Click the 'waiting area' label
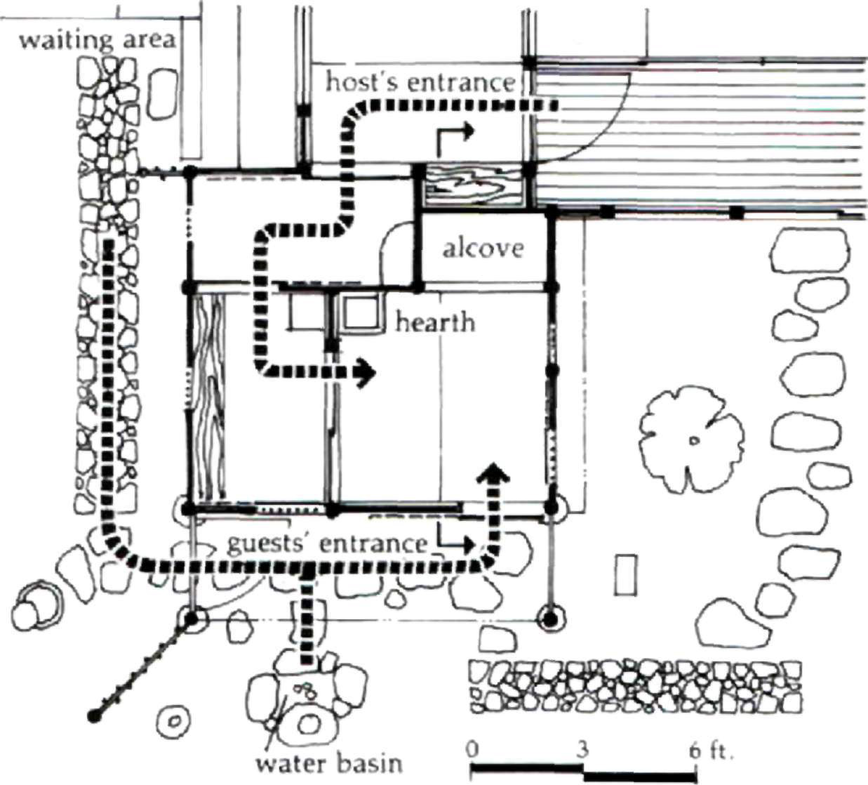coord(96,39)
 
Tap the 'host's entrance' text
coord(420,82)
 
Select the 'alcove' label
coord(483,249)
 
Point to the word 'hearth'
coord(435,322)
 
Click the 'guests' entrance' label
coord(328,543)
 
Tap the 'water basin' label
coord(329,763)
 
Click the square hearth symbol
coord(361,313)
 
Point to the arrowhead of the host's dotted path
coord(365,372)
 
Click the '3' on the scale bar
coord(582,749)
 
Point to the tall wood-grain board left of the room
coord(208,397)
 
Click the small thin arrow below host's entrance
coord(453,137)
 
